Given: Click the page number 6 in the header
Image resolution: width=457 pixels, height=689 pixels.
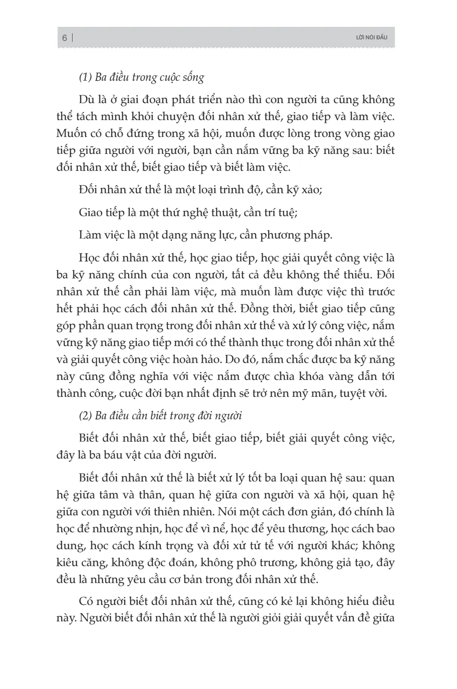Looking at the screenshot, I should coord(65,38).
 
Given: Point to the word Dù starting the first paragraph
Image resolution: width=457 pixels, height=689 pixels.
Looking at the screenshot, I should coord(86,100).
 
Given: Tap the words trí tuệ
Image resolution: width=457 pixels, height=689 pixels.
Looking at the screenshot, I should coord(280,213).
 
